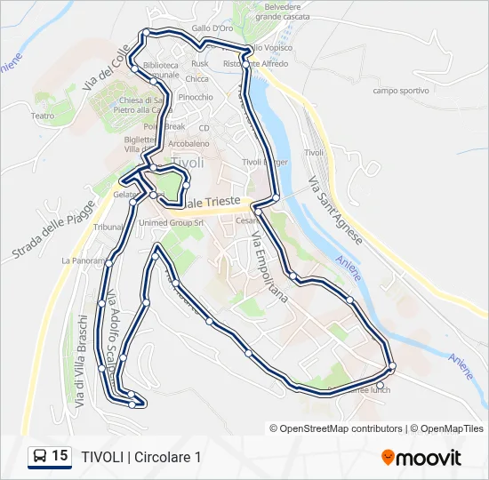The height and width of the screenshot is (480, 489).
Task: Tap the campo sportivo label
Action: [401, 91]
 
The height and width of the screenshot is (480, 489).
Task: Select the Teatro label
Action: [43, 116]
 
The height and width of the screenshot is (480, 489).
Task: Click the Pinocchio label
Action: [195, 97]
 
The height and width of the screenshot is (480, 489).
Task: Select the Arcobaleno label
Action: [188, 143]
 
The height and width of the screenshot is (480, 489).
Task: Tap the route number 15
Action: [60, 456]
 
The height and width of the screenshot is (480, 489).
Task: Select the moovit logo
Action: [421, 457]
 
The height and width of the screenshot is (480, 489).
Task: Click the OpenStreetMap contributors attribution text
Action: [335, 428]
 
